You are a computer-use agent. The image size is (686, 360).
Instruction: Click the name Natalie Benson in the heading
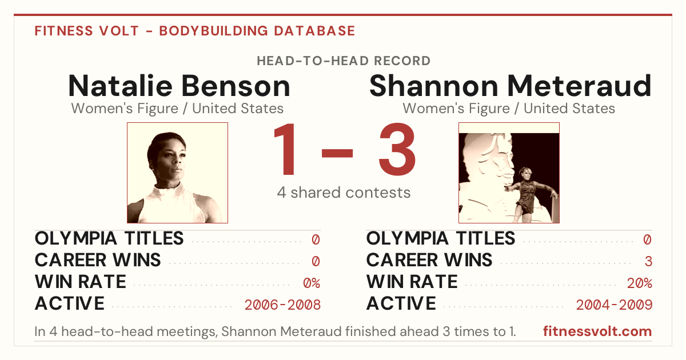click(179, 86)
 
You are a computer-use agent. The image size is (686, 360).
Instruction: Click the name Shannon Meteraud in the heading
click(510, 86)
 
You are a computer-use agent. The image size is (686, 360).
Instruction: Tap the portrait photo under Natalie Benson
click(177, 173)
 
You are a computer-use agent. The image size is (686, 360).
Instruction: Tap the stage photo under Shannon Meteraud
click(509, 173)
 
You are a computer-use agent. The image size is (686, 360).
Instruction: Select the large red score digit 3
click(397, 149)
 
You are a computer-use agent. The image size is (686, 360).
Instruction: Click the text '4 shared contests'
click(344, 193)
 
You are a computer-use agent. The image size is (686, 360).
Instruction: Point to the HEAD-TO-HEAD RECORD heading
click(344, 61)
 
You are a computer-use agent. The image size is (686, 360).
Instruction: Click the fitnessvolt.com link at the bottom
click(597, 331)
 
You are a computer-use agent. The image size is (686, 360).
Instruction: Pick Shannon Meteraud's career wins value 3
click(648, 262)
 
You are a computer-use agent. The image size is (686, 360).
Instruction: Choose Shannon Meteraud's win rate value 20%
click(640, 283)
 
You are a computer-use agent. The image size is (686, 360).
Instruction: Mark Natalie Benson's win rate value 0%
click(312, 283)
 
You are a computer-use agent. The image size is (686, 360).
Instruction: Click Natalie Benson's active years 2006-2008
click(282, 305)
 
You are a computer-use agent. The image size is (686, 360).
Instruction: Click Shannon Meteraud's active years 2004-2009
click(614, 305)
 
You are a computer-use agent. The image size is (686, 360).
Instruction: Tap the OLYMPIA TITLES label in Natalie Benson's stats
click(109, 238)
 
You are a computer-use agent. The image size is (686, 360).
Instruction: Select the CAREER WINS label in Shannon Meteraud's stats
click(429, 260)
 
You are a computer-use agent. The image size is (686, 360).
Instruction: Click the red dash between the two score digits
click(337, 153)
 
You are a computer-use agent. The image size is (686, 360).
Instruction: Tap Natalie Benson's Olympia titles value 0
click(316, 239)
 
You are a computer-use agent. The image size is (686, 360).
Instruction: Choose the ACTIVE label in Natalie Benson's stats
click(70, 303)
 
